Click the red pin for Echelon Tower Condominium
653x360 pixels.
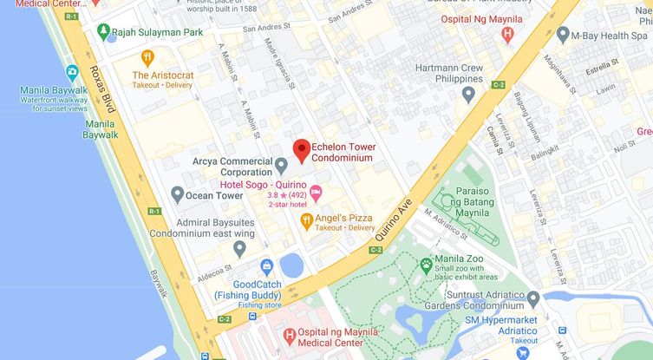[301, 150]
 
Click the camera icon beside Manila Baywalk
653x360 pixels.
[72, 73]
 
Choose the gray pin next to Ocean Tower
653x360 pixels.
[177, 194]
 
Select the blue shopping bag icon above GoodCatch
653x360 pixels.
[267, 265]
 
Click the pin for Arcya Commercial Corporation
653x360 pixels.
[281, 165]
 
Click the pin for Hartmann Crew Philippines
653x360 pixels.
[468, 94]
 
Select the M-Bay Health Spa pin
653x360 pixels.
[563, 36]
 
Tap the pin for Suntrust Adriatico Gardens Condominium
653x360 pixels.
[533, 298]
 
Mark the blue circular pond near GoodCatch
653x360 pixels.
[292, 265]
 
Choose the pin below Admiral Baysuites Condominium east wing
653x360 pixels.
[239, 248]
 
